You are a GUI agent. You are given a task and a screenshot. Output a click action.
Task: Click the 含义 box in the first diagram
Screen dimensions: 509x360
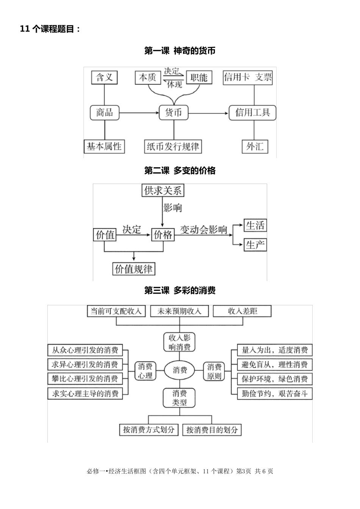(104, 77)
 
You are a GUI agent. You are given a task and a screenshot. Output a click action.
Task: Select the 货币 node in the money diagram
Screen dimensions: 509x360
(173, 112)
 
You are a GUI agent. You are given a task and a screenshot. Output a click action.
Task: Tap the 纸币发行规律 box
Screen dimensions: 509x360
(173, 146)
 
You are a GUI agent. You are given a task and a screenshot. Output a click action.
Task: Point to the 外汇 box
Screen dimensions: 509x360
(255, 146)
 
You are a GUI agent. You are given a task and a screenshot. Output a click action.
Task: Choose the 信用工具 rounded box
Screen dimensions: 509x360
(252, 112)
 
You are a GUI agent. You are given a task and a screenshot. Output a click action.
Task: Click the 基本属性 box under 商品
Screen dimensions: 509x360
(104, 146)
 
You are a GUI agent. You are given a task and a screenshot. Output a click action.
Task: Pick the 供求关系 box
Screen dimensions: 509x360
(163, 190)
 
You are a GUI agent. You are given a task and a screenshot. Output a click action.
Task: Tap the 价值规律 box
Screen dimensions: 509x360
(133, 269)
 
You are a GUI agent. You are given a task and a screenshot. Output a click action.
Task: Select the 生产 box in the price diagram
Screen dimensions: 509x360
(255, 245)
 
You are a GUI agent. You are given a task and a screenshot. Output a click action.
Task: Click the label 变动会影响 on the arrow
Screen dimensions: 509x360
(203, 229)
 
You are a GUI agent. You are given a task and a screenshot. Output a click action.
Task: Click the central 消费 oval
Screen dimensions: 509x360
(180, 370)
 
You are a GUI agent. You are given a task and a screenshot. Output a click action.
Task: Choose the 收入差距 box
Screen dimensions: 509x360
(243, 311)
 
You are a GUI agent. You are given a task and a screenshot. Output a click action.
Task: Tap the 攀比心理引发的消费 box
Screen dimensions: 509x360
(85, 379)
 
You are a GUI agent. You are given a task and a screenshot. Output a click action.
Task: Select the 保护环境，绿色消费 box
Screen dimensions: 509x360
(274, 379)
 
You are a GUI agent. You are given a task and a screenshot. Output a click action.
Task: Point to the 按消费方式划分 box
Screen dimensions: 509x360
(149, 430)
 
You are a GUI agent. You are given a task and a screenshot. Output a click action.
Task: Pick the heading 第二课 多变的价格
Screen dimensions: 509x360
(180, 171)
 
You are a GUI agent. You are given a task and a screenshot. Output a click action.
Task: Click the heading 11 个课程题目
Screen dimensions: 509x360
(50, 29)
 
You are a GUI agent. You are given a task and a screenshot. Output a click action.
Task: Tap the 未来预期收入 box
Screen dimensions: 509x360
(179, 311)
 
